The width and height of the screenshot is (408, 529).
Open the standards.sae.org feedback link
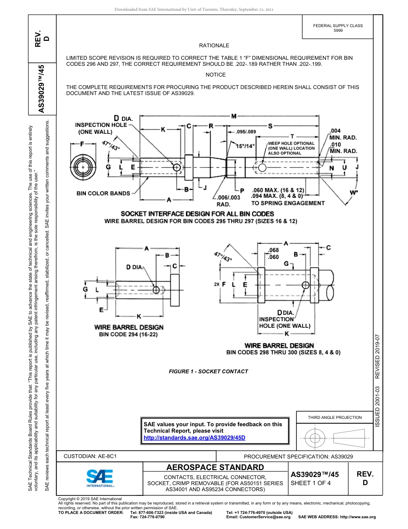(194, 437)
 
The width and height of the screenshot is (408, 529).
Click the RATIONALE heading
(214, 46)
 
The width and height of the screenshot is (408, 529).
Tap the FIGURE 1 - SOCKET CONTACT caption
(208, 372)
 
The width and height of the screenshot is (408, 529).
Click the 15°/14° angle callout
(245, 146)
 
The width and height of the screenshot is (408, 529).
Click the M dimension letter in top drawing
(234, 117)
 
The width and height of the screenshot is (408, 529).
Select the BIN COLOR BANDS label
(103, 194)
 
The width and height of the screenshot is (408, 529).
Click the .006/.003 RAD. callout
(223, 201)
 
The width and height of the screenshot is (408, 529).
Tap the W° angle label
(353, 193)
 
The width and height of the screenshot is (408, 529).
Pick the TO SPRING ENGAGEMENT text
(288, 203)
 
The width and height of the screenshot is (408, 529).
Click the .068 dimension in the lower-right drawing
(273, 250)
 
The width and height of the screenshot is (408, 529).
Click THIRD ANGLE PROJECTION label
(335, 418)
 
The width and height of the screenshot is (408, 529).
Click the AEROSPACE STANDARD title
(215, 467)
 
